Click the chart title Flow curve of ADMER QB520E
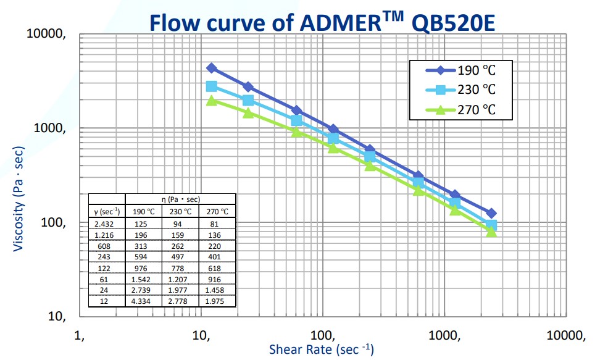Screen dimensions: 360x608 click(323, 22)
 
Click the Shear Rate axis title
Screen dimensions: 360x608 click(321, 350)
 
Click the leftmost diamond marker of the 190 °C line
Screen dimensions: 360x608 click(211, 68)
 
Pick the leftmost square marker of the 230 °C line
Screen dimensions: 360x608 click(211, 86)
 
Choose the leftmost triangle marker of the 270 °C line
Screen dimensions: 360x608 click(211, 100)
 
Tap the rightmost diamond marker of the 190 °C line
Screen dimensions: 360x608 click(491, 213)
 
